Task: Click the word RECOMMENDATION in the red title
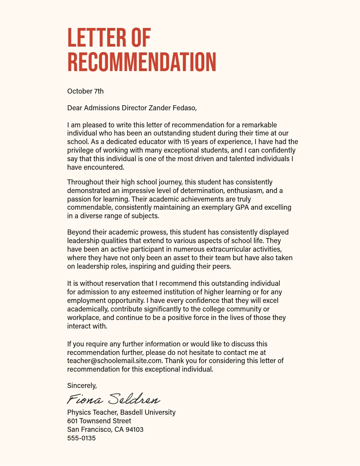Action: tap(142, 62)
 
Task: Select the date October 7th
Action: tap(85, 91)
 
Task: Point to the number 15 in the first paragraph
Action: tap(187, 142)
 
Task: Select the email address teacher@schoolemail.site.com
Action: tap(114, 361)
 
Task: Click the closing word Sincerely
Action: tap(82, 386)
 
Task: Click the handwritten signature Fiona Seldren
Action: tap(113, 399)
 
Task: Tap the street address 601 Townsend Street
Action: tap(99, 421)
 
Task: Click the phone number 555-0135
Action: tap(81, 438)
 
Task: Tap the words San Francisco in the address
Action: tap(89, 429)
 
